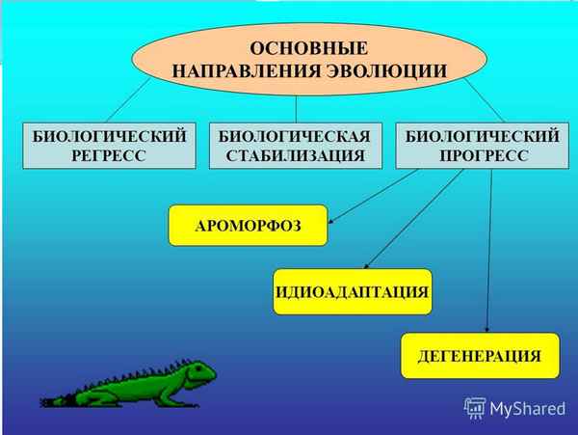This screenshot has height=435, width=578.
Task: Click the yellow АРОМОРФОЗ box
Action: (248, 225)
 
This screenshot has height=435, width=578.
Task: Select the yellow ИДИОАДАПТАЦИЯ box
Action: (352, 290)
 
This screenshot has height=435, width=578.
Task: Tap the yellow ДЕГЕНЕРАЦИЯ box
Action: (479, 356)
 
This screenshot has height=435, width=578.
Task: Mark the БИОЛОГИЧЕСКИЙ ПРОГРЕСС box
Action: (480, 147)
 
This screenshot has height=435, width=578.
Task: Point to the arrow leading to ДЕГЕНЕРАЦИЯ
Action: (490, 251)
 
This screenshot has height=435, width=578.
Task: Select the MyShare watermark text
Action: (526, 408)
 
